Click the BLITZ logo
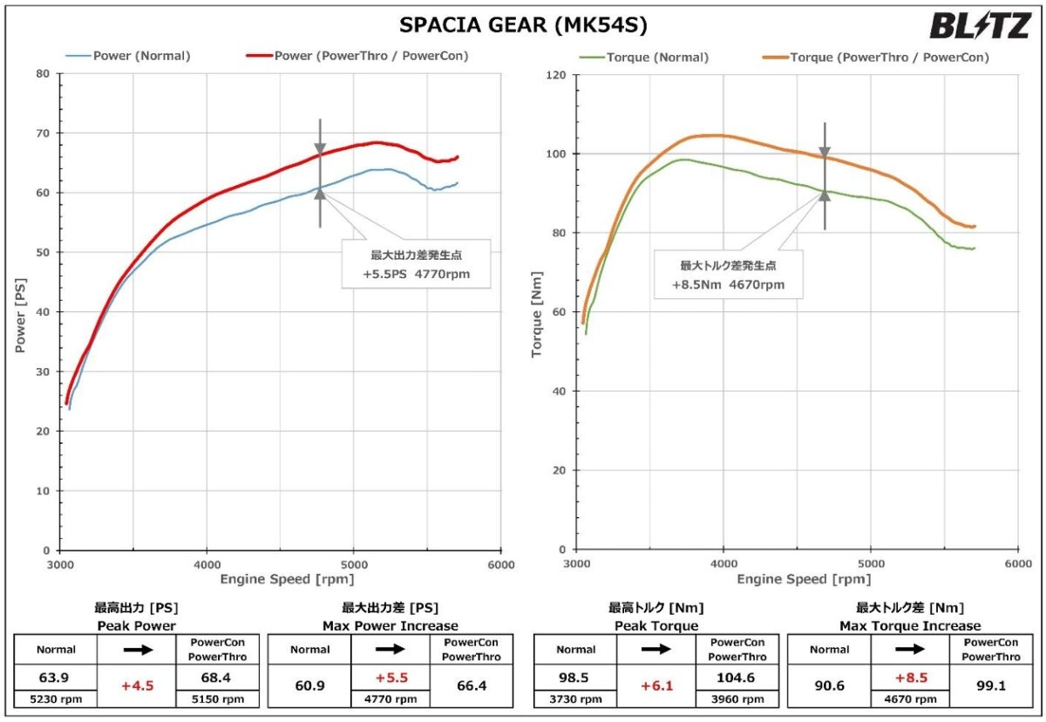(x=980, y=26)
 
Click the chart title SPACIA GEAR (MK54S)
(x=523, y=25)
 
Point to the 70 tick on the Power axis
(x=42, y=133)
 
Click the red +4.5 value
(x=138, y=686)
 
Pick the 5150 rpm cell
(x=218, y=698)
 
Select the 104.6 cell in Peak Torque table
(x=737, y=678)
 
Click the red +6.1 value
(x=656, y=686)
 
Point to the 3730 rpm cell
(x=576, y=698)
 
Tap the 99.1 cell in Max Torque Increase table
(x=991, y=686)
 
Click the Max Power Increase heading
(x=390, y=626)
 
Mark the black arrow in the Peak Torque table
(x=656, y=650)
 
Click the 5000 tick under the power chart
(x=353, y=562)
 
